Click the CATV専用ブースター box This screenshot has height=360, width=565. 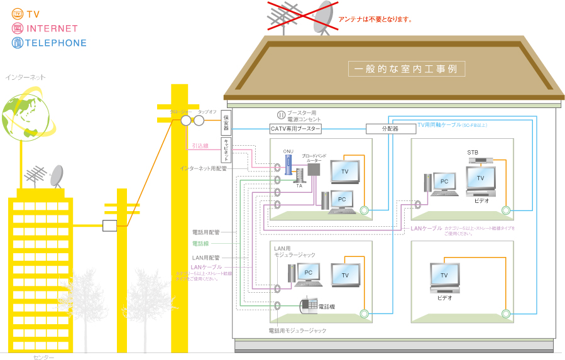click(295, 129)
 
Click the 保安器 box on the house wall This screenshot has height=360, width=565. click(226, 123)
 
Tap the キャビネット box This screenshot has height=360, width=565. click(226, 150)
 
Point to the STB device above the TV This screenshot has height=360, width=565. click(480, 161)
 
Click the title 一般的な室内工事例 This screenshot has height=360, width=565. click(406, 68)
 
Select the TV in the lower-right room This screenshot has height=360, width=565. click(448, 276)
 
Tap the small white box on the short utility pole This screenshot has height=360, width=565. click(110, 226)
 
